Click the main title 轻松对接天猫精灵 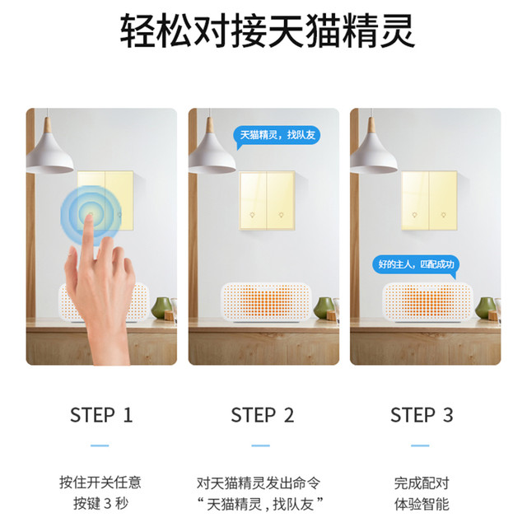point(268,30)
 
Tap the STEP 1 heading point(101,415)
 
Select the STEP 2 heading point(262,415)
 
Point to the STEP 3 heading point(422,415)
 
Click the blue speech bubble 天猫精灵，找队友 point(277,136)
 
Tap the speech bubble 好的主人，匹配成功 point(416,265)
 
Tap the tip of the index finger point(89,217)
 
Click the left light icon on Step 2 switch point(252,215)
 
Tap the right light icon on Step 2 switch point(281,215)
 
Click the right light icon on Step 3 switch point(443,215)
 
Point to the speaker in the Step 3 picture point(428,302)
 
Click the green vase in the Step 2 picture point(323,307)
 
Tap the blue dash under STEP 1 point(100,445)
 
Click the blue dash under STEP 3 point(420,445)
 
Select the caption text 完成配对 point(422,483)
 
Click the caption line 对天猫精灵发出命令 point(259,483)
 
